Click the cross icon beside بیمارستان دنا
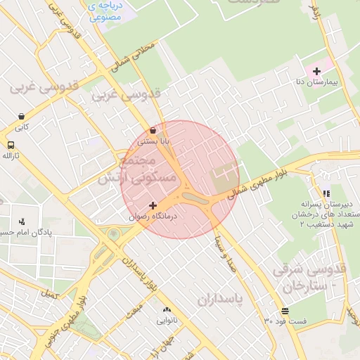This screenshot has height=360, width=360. click(316, 71)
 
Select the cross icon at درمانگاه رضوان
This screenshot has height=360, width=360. click(153, 205)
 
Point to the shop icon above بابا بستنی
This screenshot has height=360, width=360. click(153, 130)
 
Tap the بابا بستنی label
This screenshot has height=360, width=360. click(153, 141)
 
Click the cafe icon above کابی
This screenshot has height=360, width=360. click(22, 117)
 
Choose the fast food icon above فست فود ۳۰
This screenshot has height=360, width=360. click(285, 310)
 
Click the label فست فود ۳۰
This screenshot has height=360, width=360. click(285, 321)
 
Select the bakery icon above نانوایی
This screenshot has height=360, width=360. click(167, 309)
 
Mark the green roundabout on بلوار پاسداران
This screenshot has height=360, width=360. click(113, 233)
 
